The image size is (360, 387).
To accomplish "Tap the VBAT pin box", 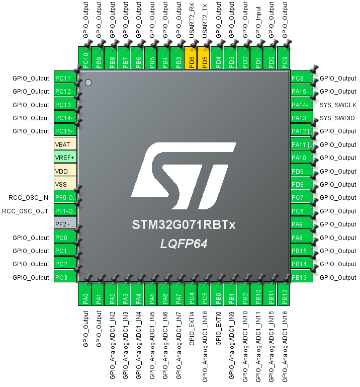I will tap(65, 144).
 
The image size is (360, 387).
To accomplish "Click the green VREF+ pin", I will tap(65, 157).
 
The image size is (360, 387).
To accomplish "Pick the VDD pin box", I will tap(65, 171).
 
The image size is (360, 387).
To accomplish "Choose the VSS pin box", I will tap(65, 184).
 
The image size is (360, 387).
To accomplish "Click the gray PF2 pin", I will tap(65, 224).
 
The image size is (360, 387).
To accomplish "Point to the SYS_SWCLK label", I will tap(338, 105).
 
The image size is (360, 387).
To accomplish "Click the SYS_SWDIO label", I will tap(337, 118).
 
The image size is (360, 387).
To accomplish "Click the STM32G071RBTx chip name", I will tap(184, 224).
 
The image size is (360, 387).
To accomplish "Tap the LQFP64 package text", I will tap(184, 244).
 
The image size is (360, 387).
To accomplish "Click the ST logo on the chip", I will tap(184, 174).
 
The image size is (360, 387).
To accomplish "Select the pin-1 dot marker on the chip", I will tap(88, 82).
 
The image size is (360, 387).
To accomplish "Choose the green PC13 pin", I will tap(65, 104).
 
